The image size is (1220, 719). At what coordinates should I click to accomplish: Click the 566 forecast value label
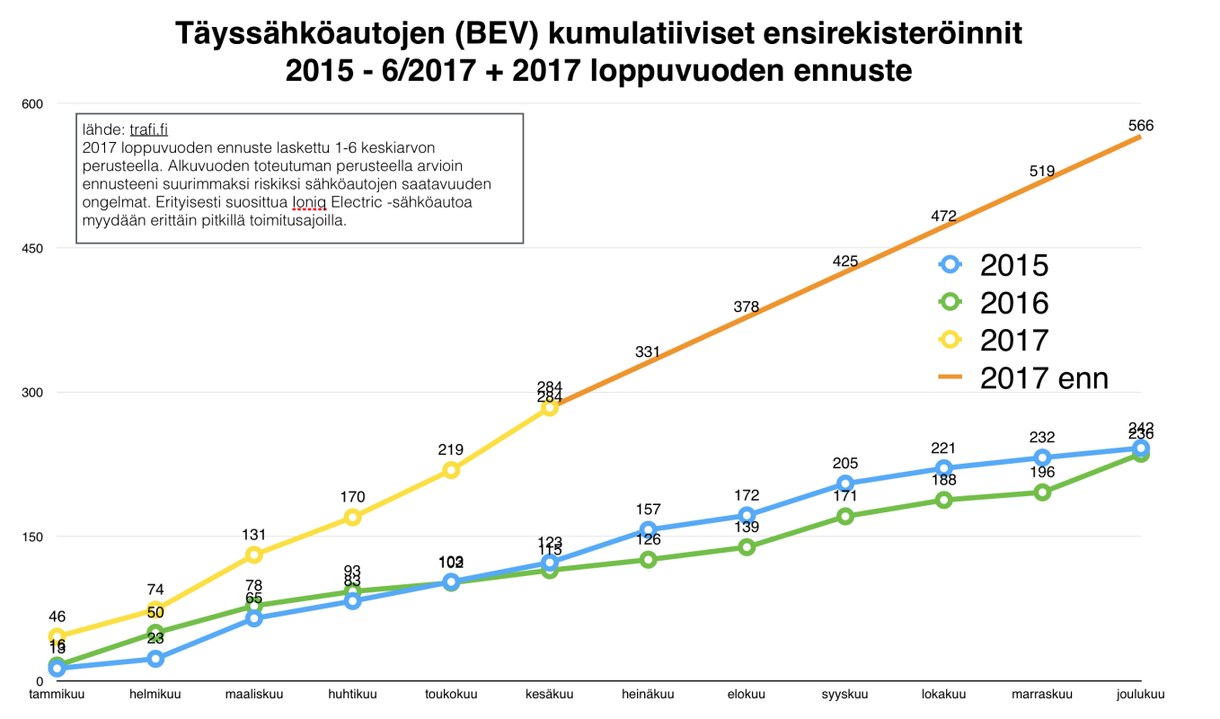tap(1140, 126)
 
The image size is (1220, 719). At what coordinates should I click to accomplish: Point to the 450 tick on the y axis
tap(32, 248)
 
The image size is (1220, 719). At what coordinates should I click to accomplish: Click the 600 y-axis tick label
tap(32, 104)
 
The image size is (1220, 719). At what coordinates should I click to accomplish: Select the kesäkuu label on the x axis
tap(550, 694)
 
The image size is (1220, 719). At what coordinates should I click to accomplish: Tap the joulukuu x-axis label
tap(1140, 694)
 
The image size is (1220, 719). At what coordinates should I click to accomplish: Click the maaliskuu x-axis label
tap(254, 694)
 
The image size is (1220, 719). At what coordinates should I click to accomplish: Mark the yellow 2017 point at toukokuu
tap(451, 470)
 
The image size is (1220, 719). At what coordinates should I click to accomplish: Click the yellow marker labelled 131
tap(254, 555)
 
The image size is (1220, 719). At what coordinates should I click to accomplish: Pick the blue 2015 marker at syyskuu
tap(845, 484)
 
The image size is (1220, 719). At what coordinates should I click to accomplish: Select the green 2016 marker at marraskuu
tap(1042, 492)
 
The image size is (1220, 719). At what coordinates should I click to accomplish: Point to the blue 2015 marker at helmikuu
tap(155, 659)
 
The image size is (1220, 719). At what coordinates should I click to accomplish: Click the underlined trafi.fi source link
tap(148, 129)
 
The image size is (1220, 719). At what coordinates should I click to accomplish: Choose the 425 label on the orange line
tap(845, 262)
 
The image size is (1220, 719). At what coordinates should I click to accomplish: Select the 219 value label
tap(451, 449)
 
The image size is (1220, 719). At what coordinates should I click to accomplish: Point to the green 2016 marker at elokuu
tap(747, 547)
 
